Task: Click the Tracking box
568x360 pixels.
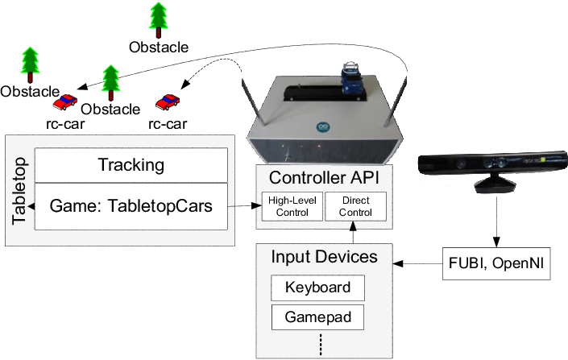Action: (131, 166)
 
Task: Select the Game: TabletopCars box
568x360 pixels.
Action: (131, 205)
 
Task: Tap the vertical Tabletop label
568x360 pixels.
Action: (20, 190)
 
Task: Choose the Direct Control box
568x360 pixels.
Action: (355, 207)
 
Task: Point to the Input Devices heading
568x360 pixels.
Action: (324, 258)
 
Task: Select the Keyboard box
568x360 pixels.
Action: (317, 288)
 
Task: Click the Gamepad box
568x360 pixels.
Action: (317, 317)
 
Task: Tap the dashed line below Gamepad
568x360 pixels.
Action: (320, 344)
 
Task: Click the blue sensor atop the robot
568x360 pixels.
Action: (351, 77)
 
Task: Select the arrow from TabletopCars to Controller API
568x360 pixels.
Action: (245, 206)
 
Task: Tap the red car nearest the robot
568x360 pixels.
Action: (168, 101)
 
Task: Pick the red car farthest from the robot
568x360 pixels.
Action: (64, 101)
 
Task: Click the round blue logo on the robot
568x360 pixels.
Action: (323, 128)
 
